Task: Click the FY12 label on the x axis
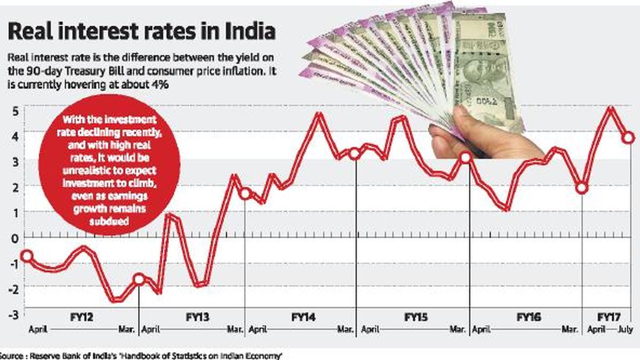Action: pos(83,317)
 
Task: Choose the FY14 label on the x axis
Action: pos(303,317)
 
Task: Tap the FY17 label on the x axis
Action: pos(608,317)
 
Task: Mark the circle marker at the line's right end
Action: pos(628,137)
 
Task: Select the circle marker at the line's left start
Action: pos(26,256)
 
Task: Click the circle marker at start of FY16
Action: pos(465,157)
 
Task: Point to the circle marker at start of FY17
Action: pos(582,188)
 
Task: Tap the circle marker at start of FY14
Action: pos(245,194)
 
